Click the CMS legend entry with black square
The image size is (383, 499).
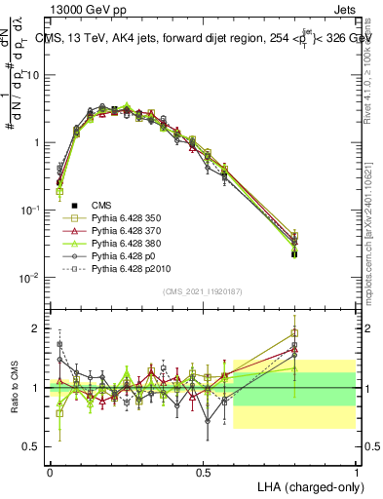[x=102, y=206]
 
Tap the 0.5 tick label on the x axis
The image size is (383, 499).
[x=203, y=471]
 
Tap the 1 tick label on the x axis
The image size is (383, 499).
[x=356, y=471]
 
